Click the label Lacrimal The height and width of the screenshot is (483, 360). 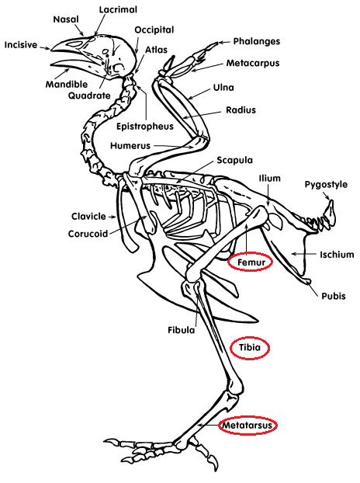click(x=118, y=9)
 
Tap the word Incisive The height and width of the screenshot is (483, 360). click(x=21, y=45)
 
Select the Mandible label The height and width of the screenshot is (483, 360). click(x=67, y=84)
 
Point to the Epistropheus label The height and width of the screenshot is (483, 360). click(x=144, y=127)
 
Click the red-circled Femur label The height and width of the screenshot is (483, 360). click(x=251, y=262)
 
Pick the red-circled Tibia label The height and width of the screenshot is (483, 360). click(x=250, y=347)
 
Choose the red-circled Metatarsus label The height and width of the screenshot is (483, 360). click(x=247, y=426)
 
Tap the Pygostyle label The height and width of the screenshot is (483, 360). click(x=326, y=185)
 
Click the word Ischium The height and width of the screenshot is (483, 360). click(x=337, y=255)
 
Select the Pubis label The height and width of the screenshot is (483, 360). click(x=334, y=296)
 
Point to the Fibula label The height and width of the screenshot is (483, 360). click(x=182, y=330)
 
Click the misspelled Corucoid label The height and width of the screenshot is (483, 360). click(x=88, y=234)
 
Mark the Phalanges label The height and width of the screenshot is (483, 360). click(x=257, y=41)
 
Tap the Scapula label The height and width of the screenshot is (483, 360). click(x=234, y=160)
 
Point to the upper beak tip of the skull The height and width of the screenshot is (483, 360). click(x=51, y=50)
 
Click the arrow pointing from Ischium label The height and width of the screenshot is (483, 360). click(x=303, y=254)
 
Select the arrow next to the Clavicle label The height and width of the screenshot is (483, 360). click(x=112, y=217)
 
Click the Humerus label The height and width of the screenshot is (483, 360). click(x=130, y=145)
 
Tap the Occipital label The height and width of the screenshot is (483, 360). click(x=154, y=30)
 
